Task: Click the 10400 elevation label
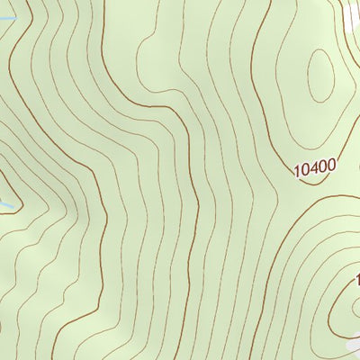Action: (x=314, y=166)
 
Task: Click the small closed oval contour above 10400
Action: (x=319, y=76)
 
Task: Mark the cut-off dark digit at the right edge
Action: (x=357, y=281)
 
